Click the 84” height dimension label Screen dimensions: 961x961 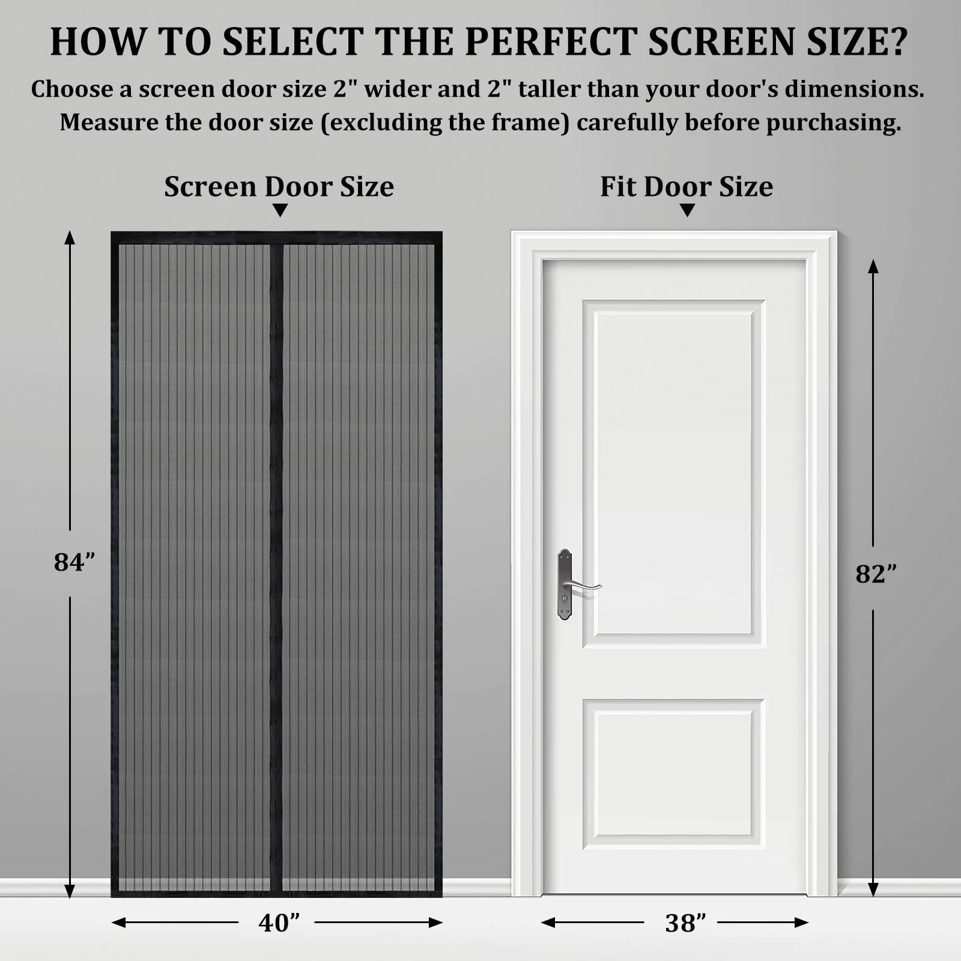click(x=74, y=563)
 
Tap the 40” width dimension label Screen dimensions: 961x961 click(x=279, y=923)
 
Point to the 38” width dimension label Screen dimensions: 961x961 click(x=685, y=923)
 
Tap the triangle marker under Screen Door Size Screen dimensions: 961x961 click(x=280, y=211)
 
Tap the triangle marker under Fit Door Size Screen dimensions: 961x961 click(x=687, y=211)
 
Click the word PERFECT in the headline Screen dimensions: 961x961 click(x=551, y=42)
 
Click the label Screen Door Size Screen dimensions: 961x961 click(x=279, y=186)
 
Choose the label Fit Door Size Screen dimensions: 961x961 click(x=687, y=186)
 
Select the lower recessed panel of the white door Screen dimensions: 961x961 click(x=673, y=774)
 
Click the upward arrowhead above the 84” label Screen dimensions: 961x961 click(x=70, y=238)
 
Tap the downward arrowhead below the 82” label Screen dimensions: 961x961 click(x=873, y=890)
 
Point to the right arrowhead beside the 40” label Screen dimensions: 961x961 click(x=435, y=923)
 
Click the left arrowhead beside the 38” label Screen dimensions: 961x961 click(x=548, y=923)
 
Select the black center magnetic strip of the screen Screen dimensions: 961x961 click(x=276, y=568)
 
